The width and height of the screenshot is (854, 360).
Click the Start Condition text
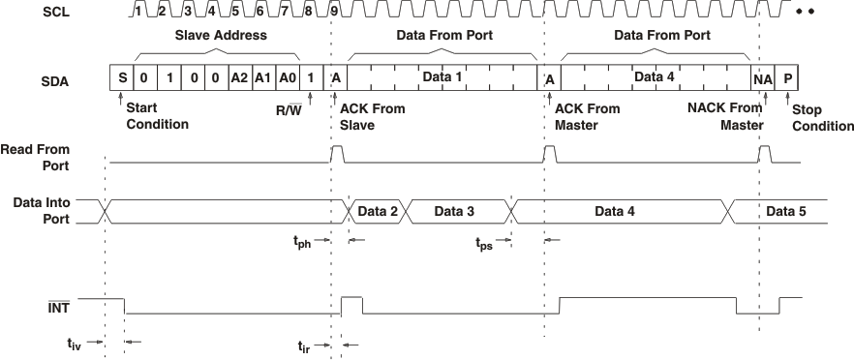point(156,116)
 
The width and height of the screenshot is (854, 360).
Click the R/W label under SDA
point(288,110)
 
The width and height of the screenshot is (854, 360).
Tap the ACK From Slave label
point(373,116)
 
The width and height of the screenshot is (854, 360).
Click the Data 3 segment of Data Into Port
point(455,210)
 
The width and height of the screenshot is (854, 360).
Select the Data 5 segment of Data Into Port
point(785,210)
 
